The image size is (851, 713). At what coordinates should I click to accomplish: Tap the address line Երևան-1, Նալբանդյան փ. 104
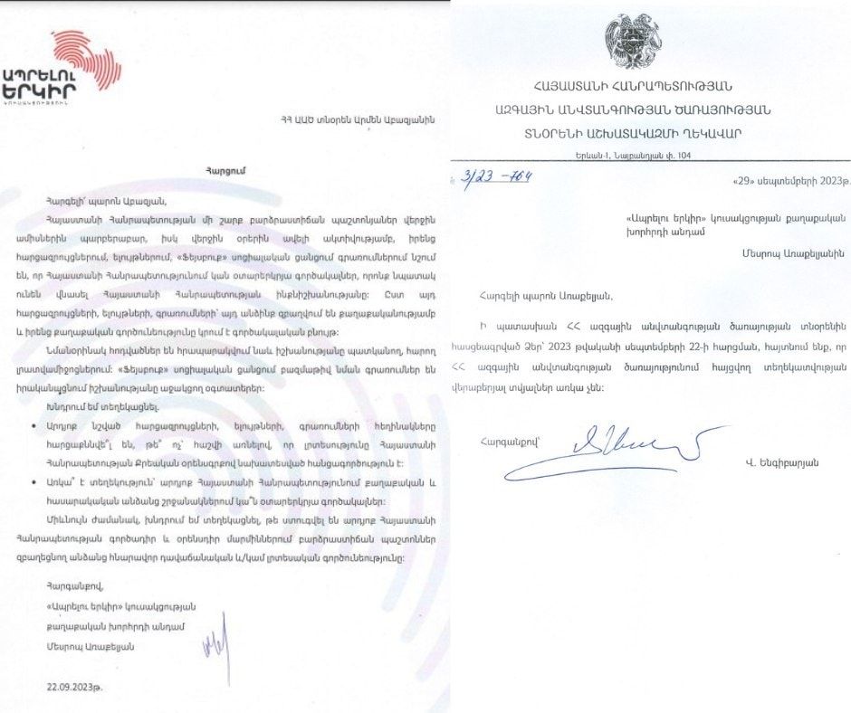[645, 155]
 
